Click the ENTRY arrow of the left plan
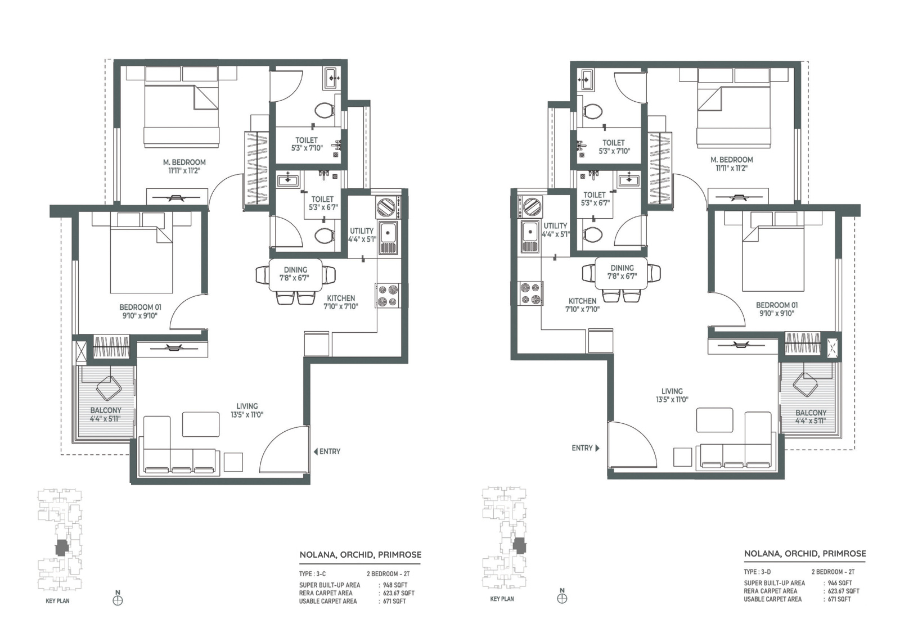point(316,451)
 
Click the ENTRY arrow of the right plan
point(597,448)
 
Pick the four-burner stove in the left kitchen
point(388,296)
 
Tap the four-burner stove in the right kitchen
point(530,293)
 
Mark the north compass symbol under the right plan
point(562,599)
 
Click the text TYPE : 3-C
point(312,574)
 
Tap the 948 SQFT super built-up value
point(396,585)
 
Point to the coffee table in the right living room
point(715,420)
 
